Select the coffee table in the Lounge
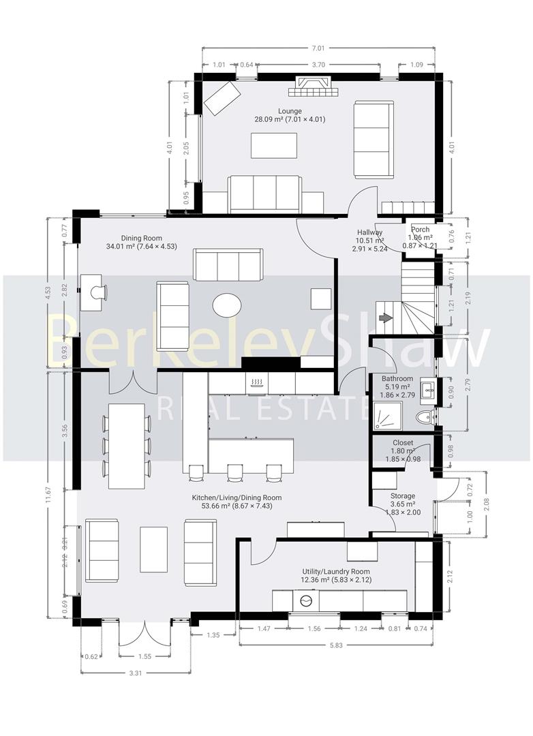274,145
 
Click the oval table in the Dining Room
227,305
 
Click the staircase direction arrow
386,318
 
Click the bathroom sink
427,390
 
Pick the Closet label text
402,443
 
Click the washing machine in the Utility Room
307,601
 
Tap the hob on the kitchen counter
258,382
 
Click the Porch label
421,230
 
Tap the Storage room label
403,496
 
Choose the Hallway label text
369,232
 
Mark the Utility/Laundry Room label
336,571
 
